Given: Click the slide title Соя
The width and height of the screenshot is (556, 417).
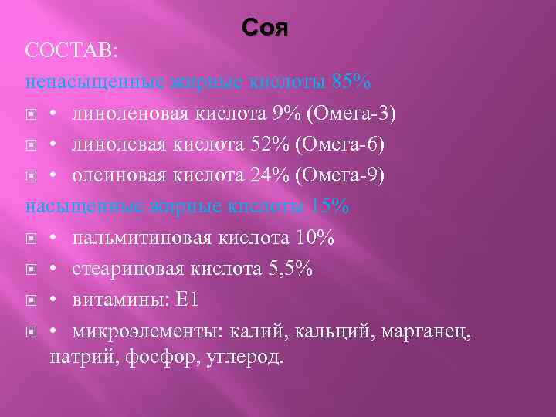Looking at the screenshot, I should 265,29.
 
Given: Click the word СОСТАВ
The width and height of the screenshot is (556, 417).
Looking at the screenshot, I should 71,50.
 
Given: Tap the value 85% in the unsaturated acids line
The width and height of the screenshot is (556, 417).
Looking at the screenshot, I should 351,81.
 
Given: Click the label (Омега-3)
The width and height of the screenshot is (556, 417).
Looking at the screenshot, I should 351,114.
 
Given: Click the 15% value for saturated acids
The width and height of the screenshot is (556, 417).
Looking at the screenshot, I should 330,206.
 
